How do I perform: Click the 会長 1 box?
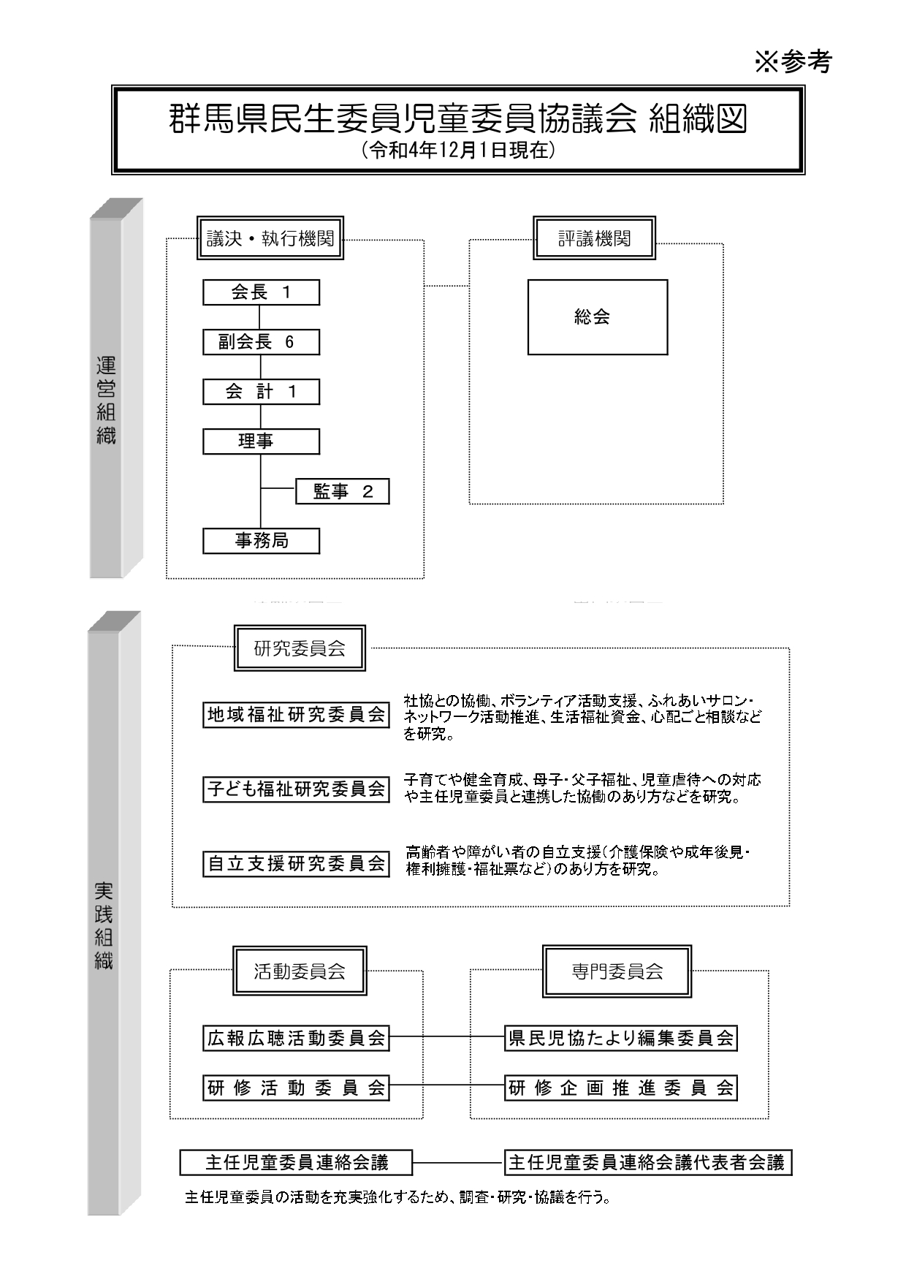tap(261, 292)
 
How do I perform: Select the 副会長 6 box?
tap(261, 342)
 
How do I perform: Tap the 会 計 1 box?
tap(261, 392)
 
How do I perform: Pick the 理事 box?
tap(261, 441)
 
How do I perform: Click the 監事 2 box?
tap(342, 492)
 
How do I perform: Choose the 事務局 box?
tap(261, 541)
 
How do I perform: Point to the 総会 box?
tap(598, 317)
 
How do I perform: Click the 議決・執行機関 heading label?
tap(270, 238)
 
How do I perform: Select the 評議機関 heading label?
tap(594, 238)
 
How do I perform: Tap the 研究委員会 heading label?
tap(300, 648)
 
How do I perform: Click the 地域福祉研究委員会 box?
tap(296, 715)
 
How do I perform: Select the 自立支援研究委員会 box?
tap(296, 863)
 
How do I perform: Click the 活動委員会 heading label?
tap(300, 971)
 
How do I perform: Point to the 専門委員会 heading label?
tap(617, 971)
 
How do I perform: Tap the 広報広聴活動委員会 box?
tap(296, 1038)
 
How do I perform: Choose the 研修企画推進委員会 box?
tap(621, 1088)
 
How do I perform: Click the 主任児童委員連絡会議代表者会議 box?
tap(648, 1162)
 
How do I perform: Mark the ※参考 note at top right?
tap(793, 61)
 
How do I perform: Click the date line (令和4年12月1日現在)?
tap(458, 151)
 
